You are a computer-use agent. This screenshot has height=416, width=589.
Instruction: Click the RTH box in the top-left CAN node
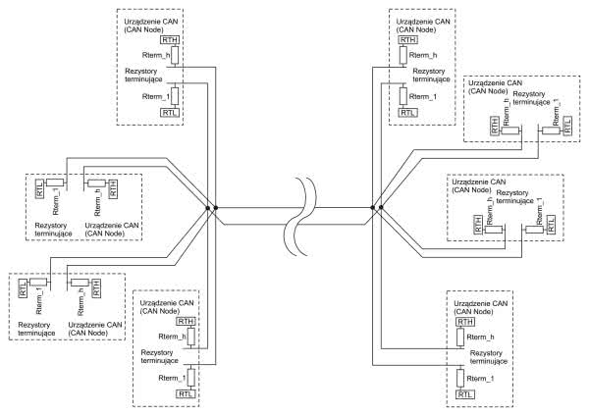pyautogui.click(x=171, y=41)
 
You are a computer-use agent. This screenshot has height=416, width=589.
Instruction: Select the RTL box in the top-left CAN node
pyautogui.click(x=171, y=113)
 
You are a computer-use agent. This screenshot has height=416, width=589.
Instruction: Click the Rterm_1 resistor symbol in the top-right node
pyautogui.click(x=402, y=96)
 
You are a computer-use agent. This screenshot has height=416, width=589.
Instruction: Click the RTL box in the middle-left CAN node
pyautogui.click(x=39, y=189)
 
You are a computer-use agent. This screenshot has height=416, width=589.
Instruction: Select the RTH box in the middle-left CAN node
pyautogui.click(x=113, y=189)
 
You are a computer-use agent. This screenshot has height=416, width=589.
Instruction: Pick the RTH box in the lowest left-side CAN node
pyautogui.click(x=96, y=288)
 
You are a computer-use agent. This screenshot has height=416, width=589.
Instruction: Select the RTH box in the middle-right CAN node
pyautogui.click(x=478, y=225)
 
